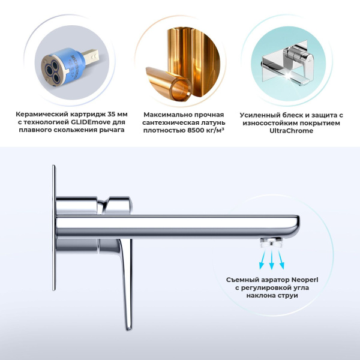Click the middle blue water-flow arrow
272,259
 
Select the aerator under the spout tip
271,242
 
